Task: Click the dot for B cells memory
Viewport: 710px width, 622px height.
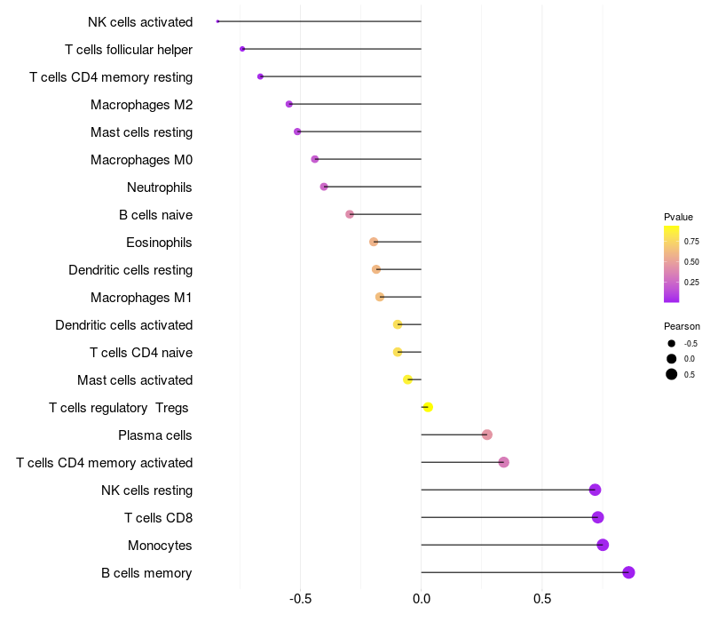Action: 628,572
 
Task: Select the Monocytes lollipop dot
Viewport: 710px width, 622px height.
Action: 603,545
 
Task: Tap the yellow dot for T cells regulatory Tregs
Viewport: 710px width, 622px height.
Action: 428,407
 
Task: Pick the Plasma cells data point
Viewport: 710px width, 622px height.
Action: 487,435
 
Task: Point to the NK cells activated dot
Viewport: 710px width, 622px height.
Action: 217,20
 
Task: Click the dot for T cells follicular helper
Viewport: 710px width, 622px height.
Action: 242,49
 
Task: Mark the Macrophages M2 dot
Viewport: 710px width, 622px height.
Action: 289,104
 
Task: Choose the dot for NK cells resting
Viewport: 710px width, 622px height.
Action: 595,490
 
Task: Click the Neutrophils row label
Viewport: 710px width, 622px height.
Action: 160,187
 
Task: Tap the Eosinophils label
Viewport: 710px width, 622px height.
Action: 160,243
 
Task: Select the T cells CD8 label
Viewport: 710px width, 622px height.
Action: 159,518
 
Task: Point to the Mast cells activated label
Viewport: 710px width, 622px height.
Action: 135,380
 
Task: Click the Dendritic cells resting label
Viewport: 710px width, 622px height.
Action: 130,270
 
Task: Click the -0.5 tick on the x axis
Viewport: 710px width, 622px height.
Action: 300,598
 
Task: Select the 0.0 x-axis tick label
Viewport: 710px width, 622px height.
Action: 422,598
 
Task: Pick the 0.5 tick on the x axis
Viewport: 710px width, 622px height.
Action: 542,598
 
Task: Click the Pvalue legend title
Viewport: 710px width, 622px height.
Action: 678,217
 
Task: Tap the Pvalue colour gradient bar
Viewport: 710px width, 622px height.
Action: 671,264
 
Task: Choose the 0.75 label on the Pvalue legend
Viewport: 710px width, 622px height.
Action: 691,241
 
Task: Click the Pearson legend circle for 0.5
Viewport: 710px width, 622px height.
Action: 672,374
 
